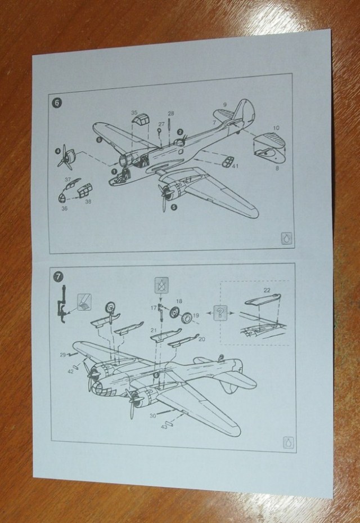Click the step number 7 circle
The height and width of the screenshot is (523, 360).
[58, 276]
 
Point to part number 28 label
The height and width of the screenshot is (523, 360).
[171, 114]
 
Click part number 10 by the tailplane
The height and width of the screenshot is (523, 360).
[276, 128]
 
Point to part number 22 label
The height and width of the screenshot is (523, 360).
[267, 290]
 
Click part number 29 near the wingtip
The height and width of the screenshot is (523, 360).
[62, 354]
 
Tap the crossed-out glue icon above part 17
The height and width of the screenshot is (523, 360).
[162, 285]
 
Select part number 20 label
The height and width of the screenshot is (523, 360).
[202, 339]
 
